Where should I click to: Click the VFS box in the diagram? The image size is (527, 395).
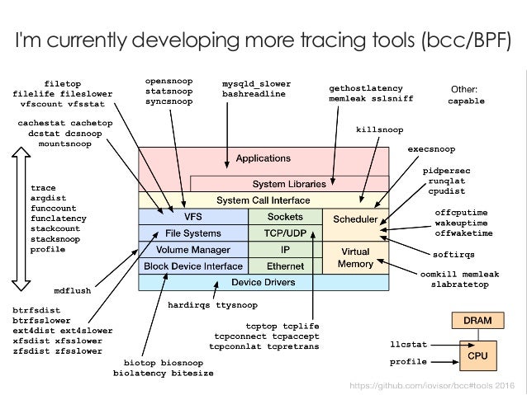(192, 216)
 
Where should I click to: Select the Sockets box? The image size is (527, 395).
(286, 216)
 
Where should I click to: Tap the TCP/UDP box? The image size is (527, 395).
(286, 233)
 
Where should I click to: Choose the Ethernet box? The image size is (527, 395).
(286, 266)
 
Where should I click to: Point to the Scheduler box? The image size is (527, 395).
(355, 220)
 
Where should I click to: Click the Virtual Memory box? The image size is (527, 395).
(355, 256)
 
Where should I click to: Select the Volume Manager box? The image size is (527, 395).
(192, 249)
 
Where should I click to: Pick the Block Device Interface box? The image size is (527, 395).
(192, 266)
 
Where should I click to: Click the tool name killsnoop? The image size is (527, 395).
(379, 129)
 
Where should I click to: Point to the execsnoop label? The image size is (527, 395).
(431, 149)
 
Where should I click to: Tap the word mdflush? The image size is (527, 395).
(72, 290)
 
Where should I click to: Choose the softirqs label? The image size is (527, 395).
(453, 253)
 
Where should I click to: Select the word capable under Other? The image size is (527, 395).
(466, 101)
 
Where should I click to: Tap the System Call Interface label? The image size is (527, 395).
(263, 200)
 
